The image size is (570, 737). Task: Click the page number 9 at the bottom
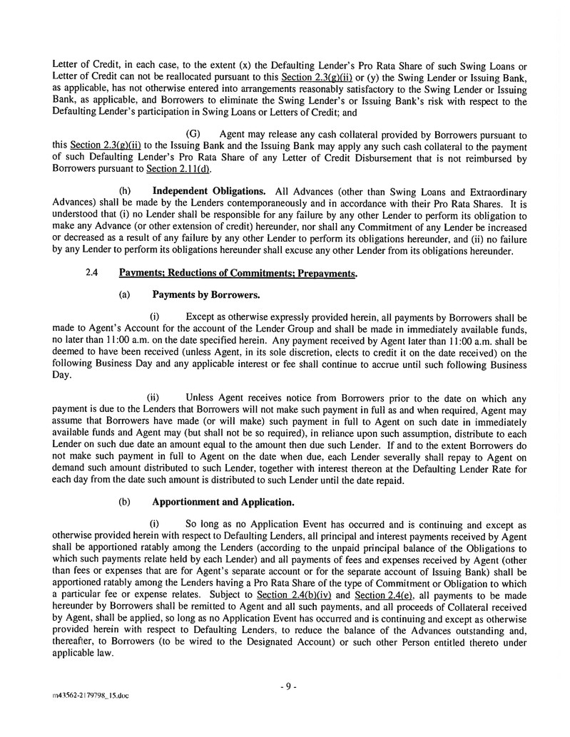tap(287, 686)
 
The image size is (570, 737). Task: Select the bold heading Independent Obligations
tap(209, 191)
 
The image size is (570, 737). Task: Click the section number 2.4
tap(91, 272)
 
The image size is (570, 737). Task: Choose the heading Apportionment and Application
tap(223, 502)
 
